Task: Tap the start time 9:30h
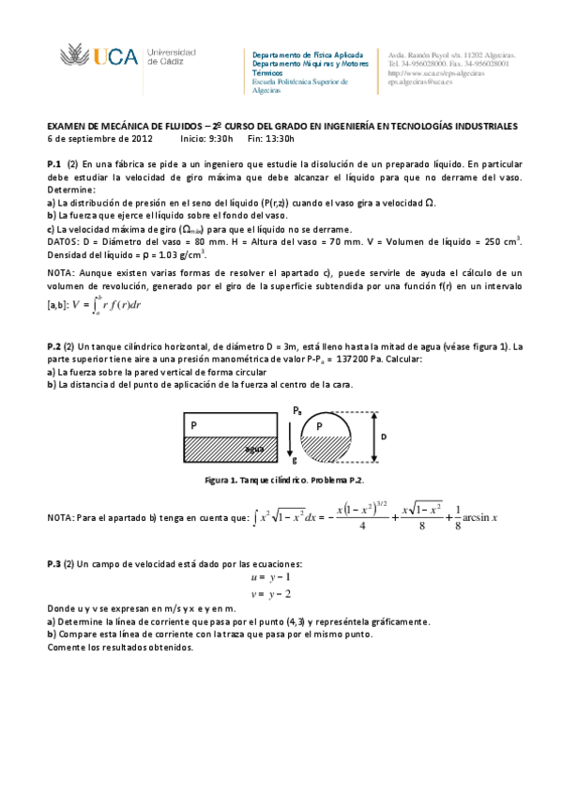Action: [221, 138]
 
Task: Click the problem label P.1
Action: [54, 163]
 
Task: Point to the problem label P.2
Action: [54, 346]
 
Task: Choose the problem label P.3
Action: [54, 563]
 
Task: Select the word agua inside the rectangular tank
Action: [252, 449]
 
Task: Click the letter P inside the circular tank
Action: [320, 426]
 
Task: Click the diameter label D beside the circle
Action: [384, 436]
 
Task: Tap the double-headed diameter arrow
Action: [373, 436]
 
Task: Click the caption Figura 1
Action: [224, 480]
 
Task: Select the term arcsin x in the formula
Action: [478, 518]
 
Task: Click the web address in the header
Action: [436, 73]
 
